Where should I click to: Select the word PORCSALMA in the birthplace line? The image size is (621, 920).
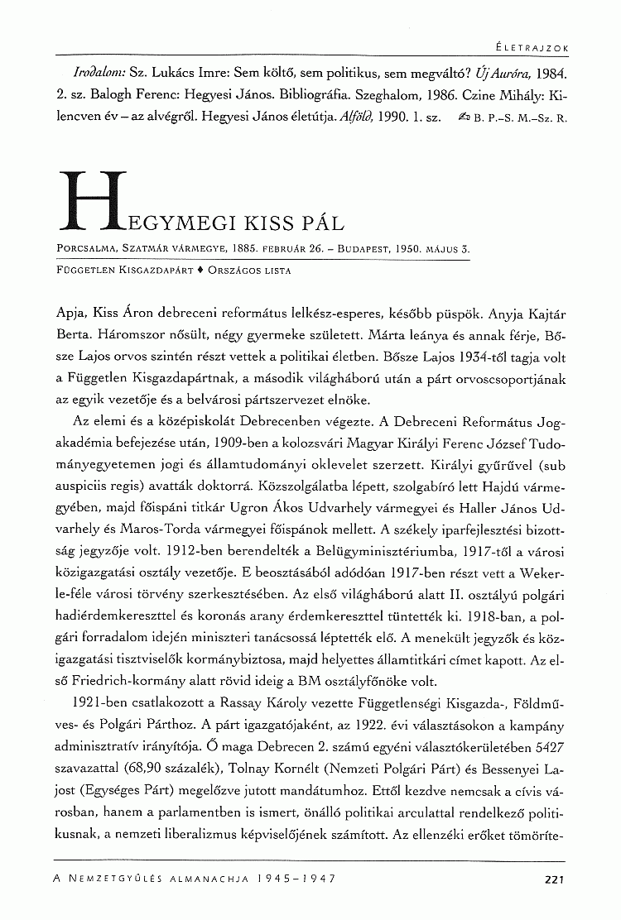click(x=87, y=247)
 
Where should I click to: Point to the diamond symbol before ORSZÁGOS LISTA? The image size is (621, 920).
click(x=200, y=271)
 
